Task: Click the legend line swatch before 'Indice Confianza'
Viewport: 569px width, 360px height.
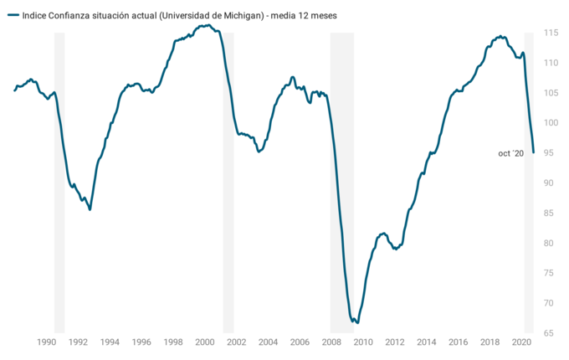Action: click(x=13, y=15)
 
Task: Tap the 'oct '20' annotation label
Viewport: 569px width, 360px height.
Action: click(x=510, y=153)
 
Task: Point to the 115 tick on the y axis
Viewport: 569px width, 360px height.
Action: click(x=549, y=33)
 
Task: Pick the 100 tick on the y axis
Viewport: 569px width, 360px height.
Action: click(x=549, y=123)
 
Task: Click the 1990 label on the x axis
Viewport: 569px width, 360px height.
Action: click(x=46, y=342)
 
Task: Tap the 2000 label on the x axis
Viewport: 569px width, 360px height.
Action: click(x=205, y=342)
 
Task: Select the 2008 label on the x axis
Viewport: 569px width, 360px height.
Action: click(x=331, y=342)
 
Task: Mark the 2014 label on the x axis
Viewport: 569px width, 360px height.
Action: click(x=427, y=342)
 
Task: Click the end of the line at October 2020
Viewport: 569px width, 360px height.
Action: click(x=533, y=152)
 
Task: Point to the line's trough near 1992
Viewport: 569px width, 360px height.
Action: click(x=90, y=209)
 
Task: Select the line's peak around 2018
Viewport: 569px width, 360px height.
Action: click(x=500, y=36)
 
